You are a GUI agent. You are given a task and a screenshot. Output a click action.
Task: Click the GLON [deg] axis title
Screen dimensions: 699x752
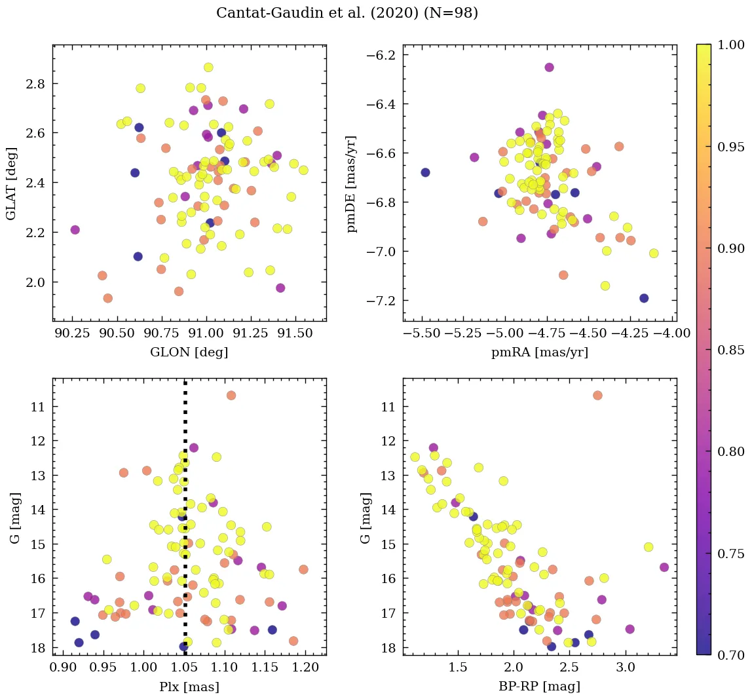tap(189, 352)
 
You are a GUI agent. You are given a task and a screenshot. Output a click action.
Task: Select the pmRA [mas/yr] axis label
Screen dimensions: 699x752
tap(540, 352)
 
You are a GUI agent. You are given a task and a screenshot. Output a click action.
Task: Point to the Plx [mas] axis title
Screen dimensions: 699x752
tap(189, 687)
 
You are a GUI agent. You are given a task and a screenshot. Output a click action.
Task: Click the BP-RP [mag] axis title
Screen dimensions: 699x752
tap(540, 687)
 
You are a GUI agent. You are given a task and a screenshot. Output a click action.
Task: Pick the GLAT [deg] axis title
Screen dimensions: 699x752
tap(11, 183)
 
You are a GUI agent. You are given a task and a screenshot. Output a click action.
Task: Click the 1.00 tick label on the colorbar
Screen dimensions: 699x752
tap(731, 45)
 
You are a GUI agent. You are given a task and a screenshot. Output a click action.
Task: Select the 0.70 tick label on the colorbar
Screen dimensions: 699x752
tap(731, 654)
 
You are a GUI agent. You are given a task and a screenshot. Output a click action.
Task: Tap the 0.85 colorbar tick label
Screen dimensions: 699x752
tap(731, 350)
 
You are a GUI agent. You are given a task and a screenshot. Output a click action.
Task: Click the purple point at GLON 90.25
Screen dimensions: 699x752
tap(75, 230)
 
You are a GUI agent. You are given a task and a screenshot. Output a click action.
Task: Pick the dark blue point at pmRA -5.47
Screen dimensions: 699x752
tap(425, 172)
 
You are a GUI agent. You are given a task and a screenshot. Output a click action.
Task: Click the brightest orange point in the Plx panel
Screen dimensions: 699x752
tap(231, 395)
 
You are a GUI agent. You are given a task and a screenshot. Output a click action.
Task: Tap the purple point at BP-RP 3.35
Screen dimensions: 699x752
tap(664, 567)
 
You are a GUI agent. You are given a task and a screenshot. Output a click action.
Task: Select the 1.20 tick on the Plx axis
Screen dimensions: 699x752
tap(305, 668)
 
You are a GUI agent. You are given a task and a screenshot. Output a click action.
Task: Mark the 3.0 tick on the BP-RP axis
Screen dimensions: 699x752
tap(626, 668)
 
